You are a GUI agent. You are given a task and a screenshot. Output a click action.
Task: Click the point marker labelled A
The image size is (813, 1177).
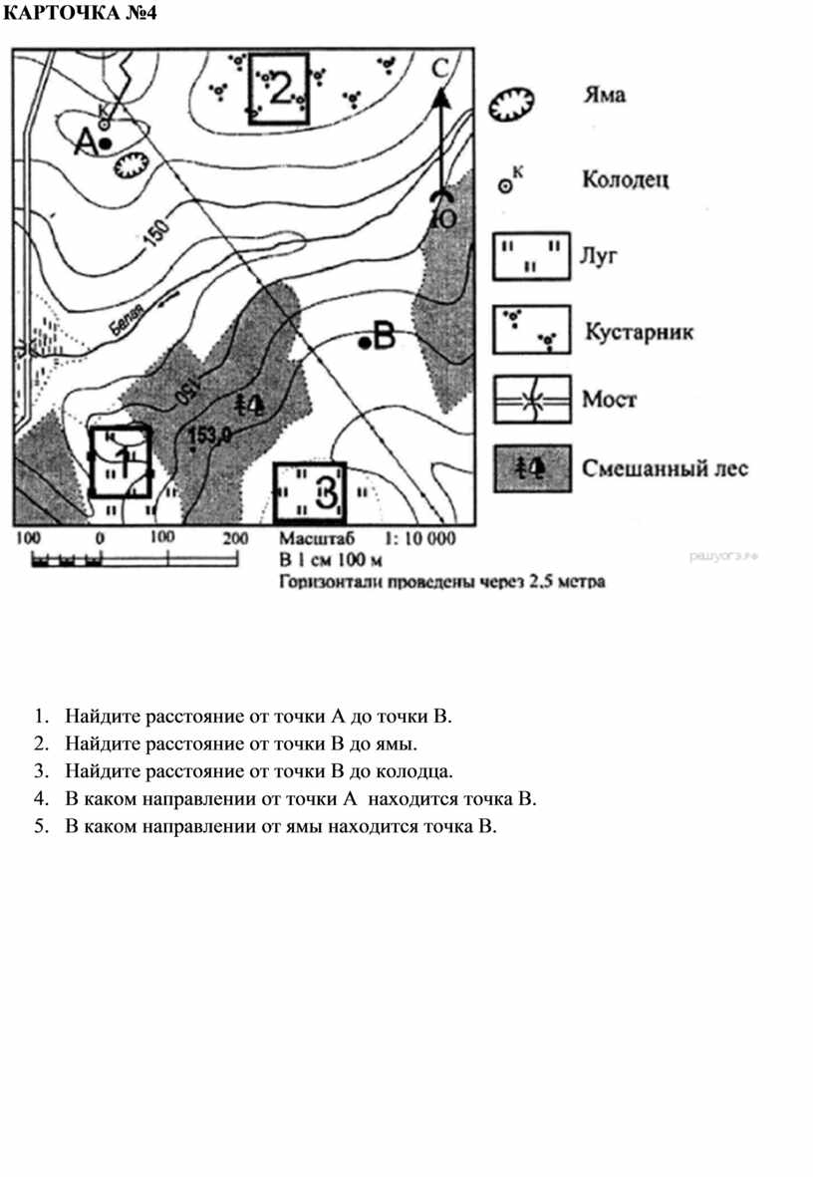click(x=105, y=145)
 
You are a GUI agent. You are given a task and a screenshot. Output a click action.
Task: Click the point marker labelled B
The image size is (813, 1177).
click(x=366, y=343)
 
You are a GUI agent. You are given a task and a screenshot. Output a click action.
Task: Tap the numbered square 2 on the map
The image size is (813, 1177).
click(x=279, y=89)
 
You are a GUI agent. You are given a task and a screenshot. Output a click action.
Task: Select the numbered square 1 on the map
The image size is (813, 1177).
click(x=121, y=461)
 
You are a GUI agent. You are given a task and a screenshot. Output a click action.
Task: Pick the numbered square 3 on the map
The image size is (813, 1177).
click(x=310, y=492)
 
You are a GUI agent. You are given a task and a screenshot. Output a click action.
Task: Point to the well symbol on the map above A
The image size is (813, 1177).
click(x=105, y=125)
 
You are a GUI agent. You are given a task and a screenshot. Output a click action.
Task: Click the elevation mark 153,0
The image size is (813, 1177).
click(x=209, y=435)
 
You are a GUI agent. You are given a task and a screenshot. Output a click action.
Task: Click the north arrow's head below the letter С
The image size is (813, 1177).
click(x=440, y=96)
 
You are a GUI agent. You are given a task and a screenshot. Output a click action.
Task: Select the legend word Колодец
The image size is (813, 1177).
click(x=625, y=180)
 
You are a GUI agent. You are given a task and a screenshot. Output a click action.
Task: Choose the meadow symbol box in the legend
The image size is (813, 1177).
click(x=530, y=256)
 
